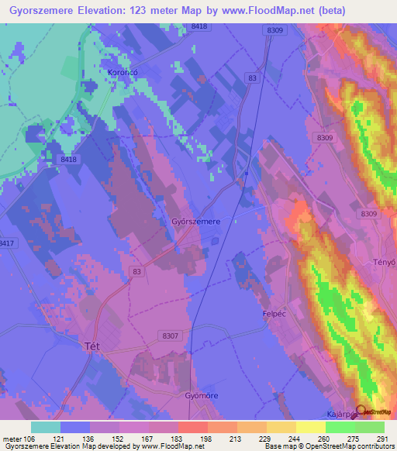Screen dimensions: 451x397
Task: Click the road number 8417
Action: [7, 243]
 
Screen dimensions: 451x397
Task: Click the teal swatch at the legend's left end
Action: [46, 427]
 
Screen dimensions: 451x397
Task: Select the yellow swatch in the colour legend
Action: [311, 427]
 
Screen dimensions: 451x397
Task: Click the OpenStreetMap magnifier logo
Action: [361, 411]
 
